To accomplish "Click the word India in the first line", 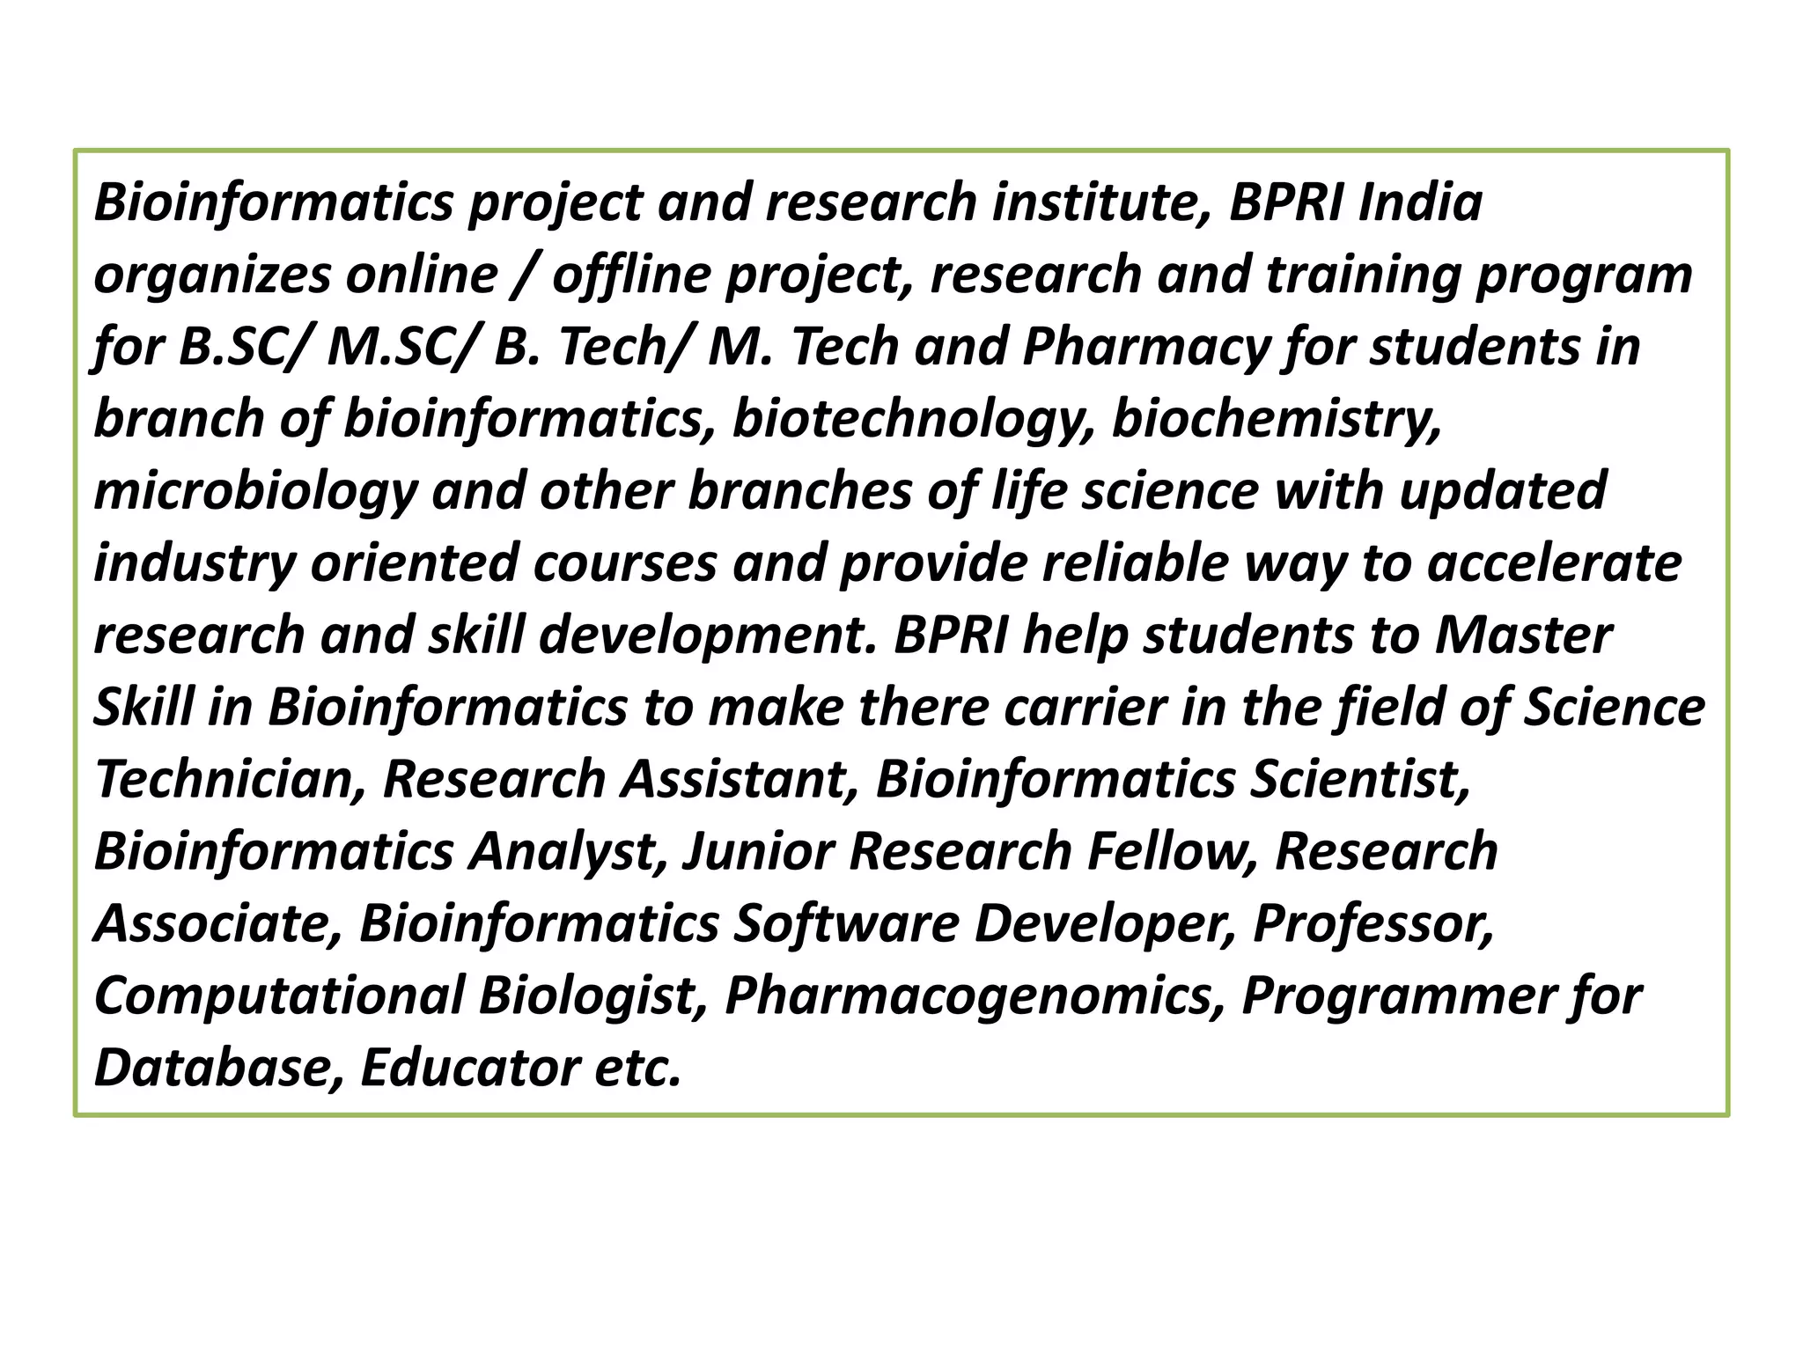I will click(1420, 202).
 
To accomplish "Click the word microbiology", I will click(255, 491).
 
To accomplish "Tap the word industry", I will click(194, 563).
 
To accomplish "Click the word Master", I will click(1523, 636).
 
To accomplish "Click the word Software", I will click(846, 923).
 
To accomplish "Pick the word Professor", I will click(1373, 923).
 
